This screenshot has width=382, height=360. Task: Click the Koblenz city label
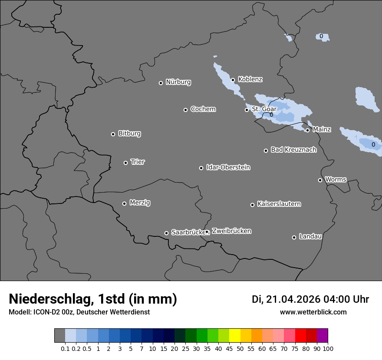coord(250,79)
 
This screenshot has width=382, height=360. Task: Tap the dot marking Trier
coord(126,163)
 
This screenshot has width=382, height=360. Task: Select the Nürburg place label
coord(178,82)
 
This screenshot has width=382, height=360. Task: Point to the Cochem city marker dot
coord(185,110)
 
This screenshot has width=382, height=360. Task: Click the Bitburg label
coord(129,134)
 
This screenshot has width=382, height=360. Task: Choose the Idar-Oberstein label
coord(228,167)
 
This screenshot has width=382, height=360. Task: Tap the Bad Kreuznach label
coord(293,150)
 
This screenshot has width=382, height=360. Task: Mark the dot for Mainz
coord(307,130)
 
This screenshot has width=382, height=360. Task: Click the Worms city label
coord(336,179)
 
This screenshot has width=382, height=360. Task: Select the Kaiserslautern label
coord(279,204)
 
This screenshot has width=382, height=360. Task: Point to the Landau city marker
coord(294,237)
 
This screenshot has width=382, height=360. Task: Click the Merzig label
coord(140,203)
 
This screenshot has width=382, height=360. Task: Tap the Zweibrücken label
coord(231,231)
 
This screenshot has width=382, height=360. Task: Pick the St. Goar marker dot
coord(247,110)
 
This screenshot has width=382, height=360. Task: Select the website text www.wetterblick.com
coord(313,312)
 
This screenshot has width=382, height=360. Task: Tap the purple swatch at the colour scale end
coord(323,336)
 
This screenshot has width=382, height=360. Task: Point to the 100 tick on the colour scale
coord(328,348)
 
